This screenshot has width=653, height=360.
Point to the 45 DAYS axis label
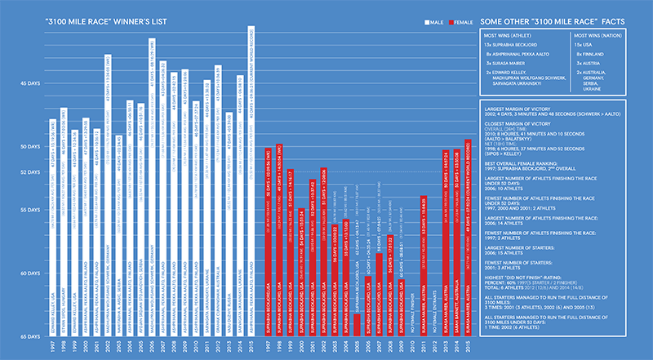[x=29, y=82]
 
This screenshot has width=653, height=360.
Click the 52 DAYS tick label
[x=29, y=172]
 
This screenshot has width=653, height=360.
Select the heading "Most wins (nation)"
[x=599, y=37]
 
